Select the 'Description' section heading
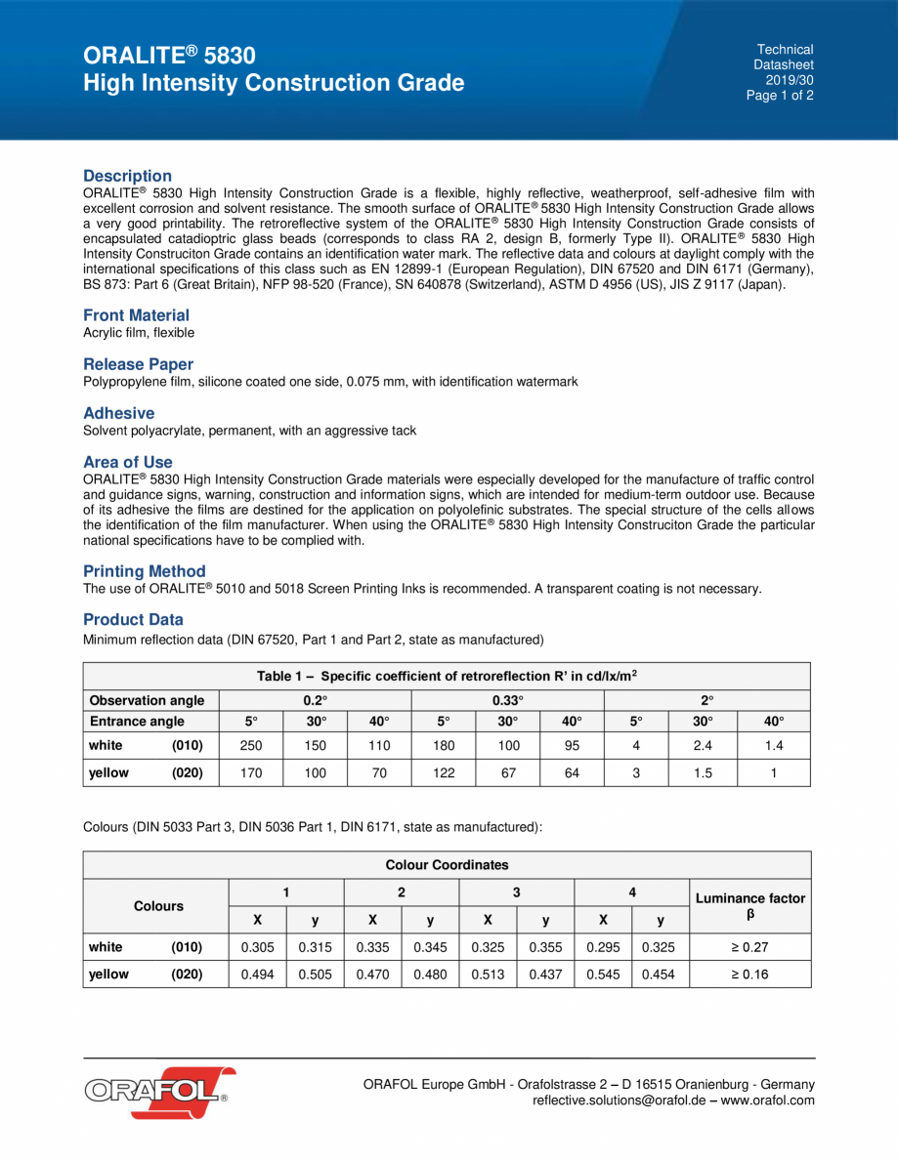(x=127, y=176)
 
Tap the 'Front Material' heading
(x=136, y=315)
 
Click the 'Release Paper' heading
(x=138, y=364)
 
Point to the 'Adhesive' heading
(x=118, y=413)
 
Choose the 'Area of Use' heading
(x=127, y=462)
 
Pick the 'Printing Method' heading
(x=144, y=571)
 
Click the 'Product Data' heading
(x=133, y=620)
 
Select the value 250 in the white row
(x=251, y=746)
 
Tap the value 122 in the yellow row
(x=443, y=772)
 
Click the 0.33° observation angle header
(x=507, y=700)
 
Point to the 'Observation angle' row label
(x=147, y=700)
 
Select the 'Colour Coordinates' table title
(x=447, y=865)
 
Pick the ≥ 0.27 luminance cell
(x=749, y=947)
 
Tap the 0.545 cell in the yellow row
(x=603, y=975)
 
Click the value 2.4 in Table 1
(x=703, y=746)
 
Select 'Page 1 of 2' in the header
(x=780, y=96)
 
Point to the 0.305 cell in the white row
(x=257, y=947)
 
